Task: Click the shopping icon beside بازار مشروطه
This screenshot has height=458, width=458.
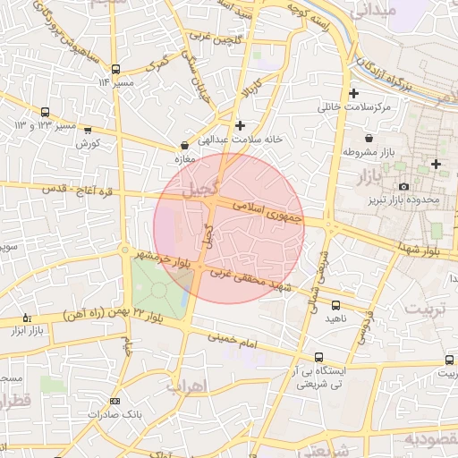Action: (369, 138)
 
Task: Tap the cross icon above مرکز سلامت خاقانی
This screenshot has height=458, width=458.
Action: (354, 93)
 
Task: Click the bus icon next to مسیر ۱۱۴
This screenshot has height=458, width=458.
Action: (115, 68)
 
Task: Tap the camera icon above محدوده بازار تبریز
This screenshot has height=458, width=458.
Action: (404, 186)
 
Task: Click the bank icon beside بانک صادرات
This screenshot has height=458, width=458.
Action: (114, 402)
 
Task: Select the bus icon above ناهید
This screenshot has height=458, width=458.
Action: (335, 305)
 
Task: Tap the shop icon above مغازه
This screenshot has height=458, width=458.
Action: (184, 144)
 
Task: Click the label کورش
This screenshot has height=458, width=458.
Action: (86, 143)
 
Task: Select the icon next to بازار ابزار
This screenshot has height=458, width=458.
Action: (26, 318)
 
